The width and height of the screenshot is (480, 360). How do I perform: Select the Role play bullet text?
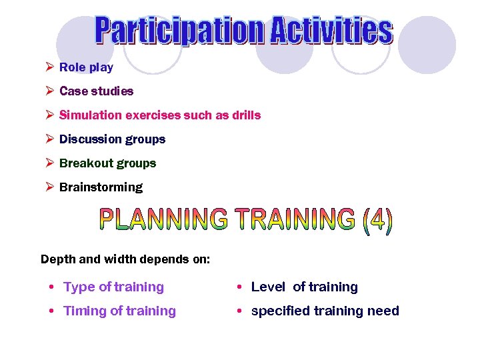(86, 67)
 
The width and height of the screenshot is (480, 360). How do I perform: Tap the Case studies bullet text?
(96, 91)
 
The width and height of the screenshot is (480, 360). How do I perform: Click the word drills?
(246, 115)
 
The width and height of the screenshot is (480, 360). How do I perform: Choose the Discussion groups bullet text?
(112, 139)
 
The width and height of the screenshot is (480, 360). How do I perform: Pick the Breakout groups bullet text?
(107, 163)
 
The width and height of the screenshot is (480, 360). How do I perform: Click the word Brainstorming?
(101, 187)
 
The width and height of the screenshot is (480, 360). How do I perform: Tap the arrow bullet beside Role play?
(49, 67)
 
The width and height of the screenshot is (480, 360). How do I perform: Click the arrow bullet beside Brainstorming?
(49, 187)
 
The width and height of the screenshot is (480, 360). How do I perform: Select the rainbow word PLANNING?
(163, 219)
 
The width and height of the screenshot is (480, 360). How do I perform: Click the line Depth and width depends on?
(125, 259)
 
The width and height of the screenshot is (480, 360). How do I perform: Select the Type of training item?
(113, 287)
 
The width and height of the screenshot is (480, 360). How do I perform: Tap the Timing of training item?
(119, 311)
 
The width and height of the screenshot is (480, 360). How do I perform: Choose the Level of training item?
(304, 287)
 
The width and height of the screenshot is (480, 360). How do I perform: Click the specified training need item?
(325, 311)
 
